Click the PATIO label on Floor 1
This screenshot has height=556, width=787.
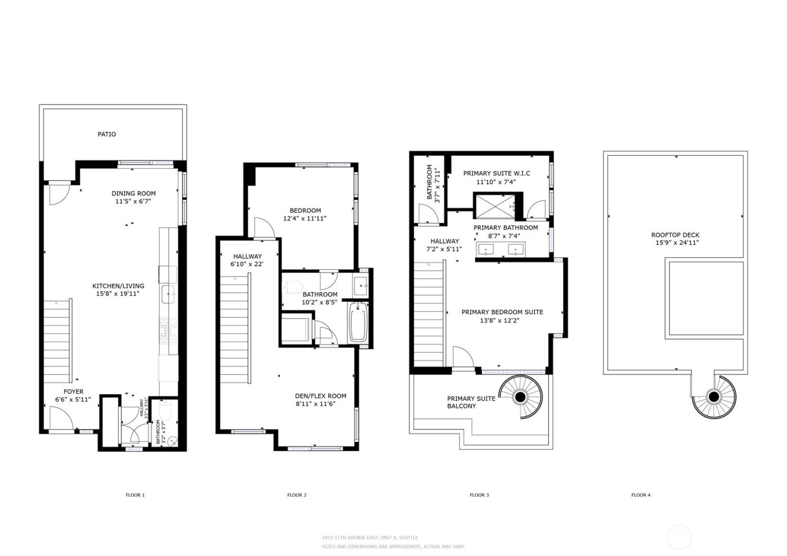(107, 134)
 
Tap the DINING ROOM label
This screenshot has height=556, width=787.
(133, 193)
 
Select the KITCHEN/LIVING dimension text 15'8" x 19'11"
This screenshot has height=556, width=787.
(118, 293)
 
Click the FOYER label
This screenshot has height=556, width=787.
(73, 392)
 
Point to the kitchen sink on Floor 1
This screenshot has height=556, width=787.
(168, 293)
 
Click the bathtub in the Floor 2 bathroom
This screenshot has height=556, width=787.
(358, 323)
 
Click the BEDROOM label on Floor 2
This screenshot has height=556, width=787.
(305, 211)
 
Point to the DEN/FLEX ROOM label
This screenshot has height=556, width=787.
(320, 396)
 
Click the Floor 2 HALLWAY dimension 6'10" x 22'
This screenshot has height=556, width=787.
(247, 264)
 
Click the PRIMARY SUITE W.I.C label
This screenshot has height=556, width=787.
(496, 174)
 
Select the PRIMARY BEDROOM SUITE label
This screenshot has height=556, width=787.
(502, 312)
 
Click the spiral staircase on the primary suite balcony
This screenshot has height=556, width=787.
(521, 397)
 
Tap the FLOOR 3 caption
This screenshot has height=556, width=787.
(479, 495)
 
